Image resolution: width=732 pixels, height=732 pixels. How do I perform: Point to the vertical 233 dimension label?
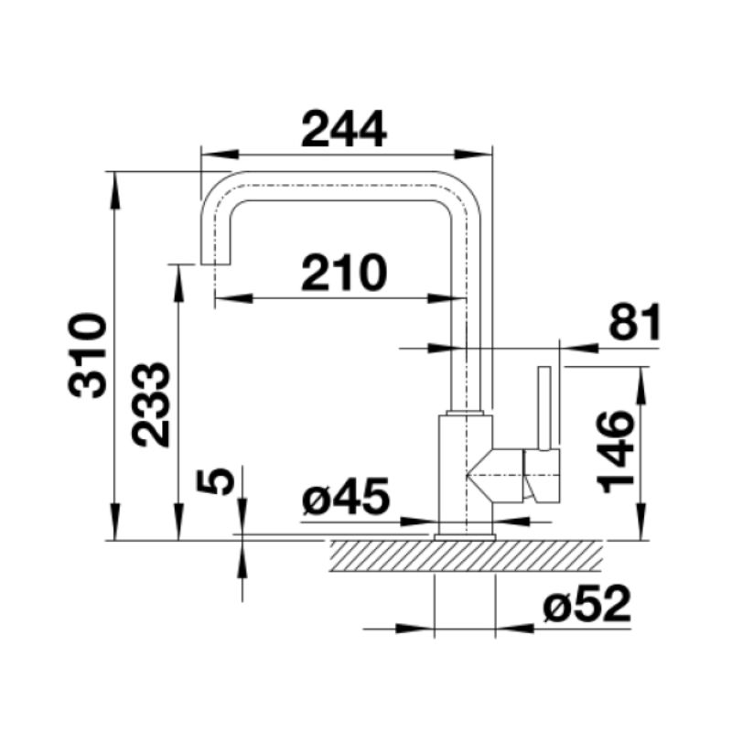point(151,404)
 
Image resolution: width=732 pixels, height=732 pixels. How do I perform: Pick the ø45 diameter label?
point(347,499)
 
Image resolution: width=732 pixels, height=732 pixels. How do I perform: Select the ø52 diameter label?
point(586,605)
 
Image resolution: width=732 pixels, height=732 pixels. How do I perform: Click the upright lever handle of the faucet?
point(546,408)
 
